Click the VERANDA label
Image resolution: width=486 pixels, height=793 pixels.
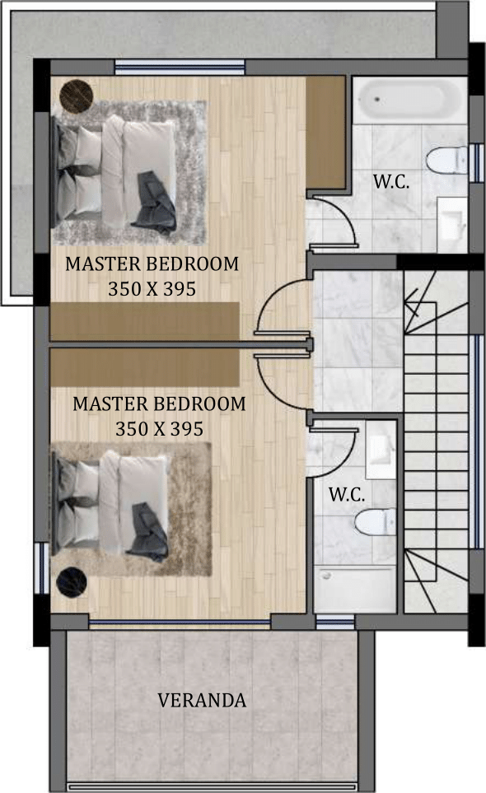pyautogui.click(x=202, y=700)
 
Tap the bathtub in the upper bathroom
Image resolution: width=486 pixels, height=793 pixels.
pyautogui.click(x=409, y=100)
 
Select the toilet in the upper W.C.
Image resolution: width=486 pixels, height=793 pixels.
pyautogui.click(x=446, y=160)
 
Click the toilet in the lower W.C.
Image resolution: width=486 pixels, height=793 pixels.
pyautogui.click(x=375, y=521)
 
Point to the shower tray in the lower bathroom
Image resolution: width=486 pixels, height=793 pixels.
pyautogui.click(x=354, y=589)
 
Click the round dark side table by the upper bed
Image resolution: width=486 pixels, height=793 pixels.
pyautogui.click(x=77, y=95)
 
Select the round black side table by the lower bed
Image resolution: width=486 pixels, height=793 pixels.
pyautogui.click(x=72, y=581)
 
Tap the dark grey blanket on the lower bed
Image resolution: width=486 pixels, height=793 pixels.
pyautogui.click(x=147, y=532)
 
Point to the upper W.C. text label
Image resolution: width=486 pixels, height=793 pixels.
pyautogui.click(x=391, y=181)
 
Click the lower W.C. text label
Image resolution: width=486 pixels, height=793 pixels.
pyautogui.click(x=347, y=494)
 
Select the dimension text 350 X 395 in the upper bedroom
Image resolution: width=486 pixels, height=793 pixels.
pyautogui.click(x=152, y=289)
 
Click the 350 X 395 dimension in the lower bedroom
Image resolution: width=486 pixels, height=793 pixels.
pyautogui.click(x=159, y=429)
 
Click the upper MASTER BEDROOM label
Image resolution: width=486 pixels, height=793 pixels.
pyautogui.click(x=152, y=264)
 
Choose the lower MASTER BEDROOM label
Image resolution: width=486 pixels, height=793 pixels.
pyautogui.click(x=159, y=403)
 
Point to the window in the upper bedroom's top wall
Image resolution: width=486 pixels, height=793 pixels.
pyautogui.click(x=180, y=68)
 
